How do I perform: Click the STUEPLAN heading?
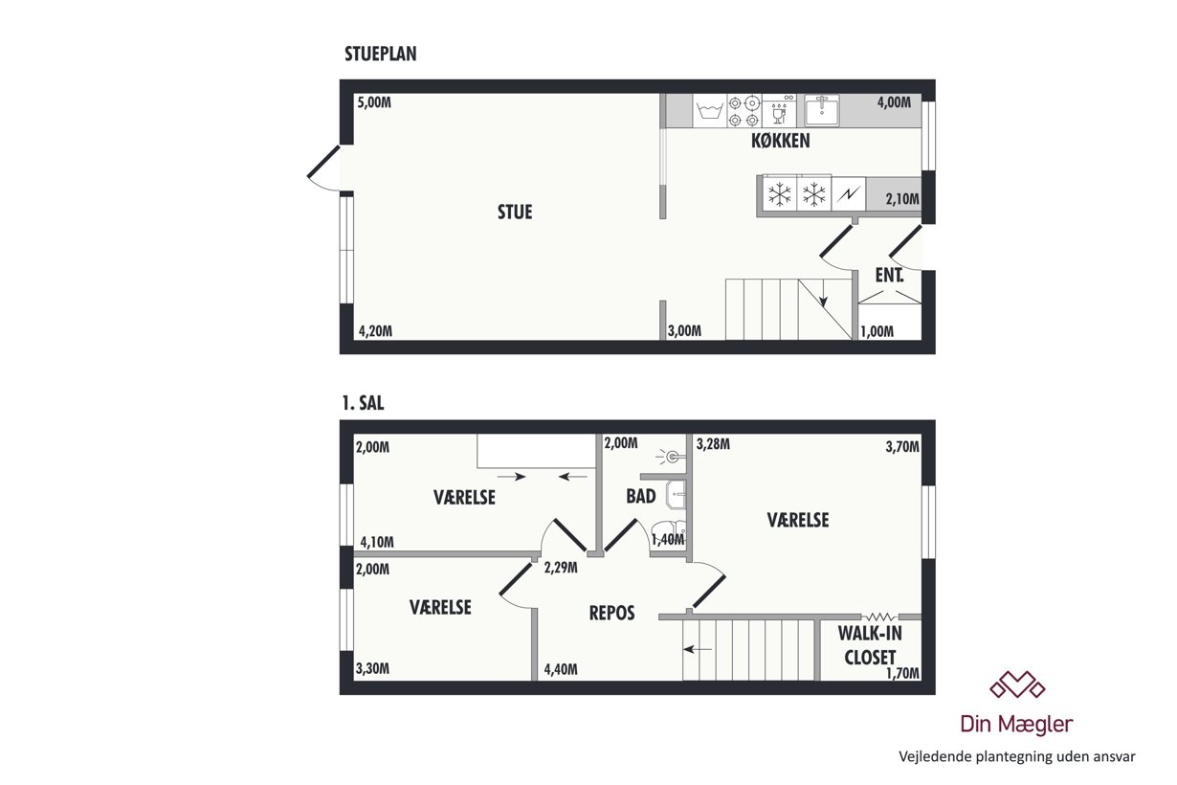tap(381, 54)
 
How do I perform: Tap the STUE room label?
tap(515, 212)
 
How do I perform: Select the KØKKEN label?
tap(780, 141)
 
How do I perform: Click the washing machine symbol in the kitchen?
tap(709, 111)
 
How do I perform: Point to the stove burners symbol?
tap(744, 111)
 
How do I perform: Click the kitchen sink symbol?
tap(822, 110)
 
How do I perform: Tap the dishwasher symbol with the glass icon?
tap(779, 111)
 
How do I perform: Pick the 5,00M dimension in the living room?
tap(374, 102)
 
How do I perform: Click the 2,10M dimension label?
tap(902, 199)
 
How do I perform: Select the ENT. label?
tap(889, 275)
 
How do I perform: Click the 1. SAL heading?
tap(363, 403)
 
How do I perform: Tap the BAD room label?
tap(640, 496)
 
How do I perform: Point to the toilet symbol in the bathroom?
tap(668, 529)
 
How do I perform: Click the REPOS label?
tap(611, 613)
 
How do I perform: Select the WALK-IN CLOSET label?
tap(870, 645)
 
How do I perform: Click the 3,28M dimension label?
tap(713, 444)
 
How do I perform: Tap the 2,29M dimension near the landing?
tap(561, 568)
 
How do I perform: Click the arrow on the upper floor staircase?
tap(698, 649)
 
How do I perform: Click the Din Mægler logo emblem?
tap(1017, 684)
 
